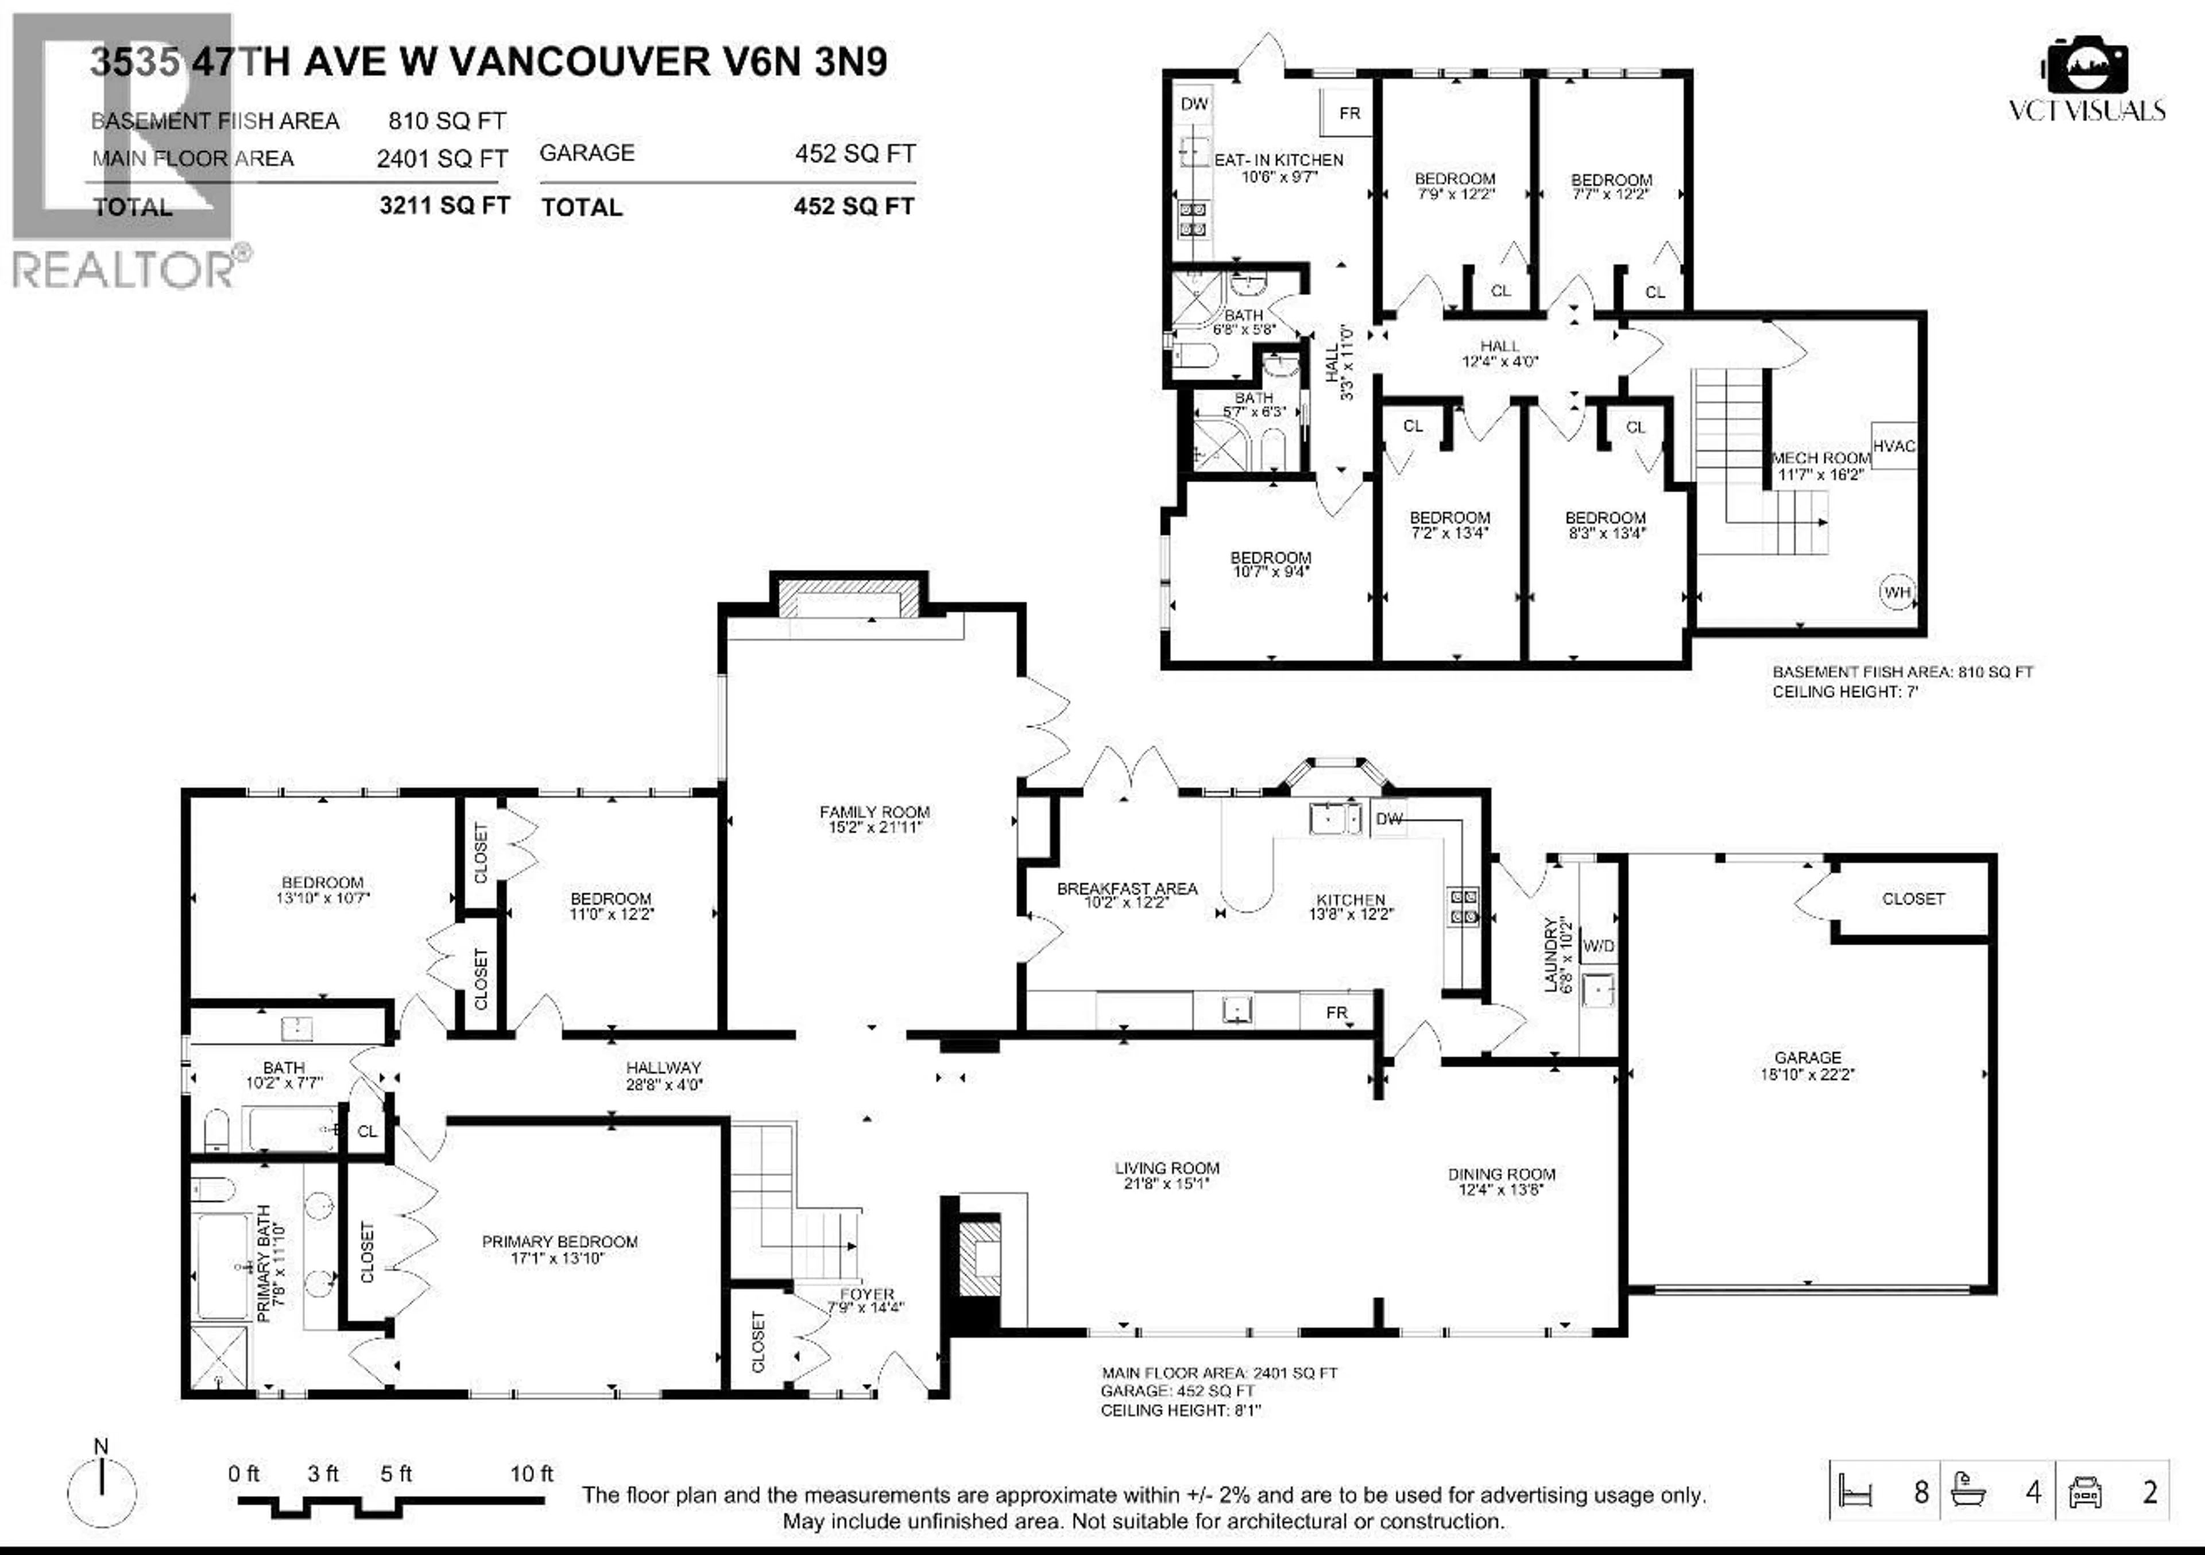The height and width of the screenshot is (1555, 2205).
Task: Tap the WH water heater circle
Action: tap(1897, 591)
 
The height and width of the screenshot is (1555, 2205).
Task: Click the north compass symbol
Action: tap(102, 1492)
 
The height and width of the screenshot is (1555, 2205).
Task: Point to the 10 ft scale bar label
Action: tap(531, 1473)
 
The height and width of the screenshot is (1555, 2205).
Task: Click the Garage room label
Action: tap(1808, 1058)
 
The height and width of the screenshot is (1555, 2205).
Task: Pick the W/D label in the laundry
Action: tap(1598, 946)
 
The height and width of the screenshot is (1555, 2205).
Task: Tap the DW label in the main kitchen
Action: tap(1388, 818)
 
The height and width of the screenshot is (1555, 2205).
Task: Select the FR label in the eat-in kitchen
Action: tap(1349, 113)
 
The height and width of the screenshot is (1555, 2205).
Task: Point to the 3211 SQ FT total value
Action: tap(444, 206)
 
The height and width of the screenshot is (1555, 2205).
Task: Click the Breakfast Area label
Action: tap(1127, 888)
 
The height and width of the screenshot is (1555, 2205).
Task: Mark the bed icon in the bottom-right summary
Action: tap(1855, 1492)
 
